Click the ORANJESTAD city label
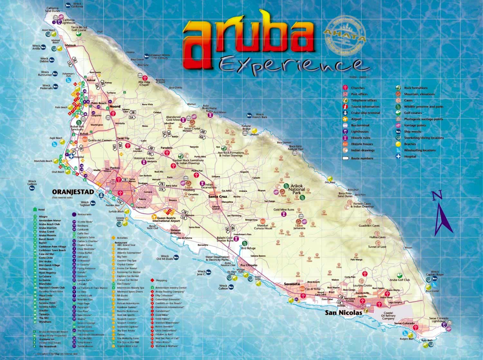[x=73, y=192]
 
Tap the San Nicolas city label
[x=343, y=312]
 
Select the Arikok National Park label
[x=297, y=189]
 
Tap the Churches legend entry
[x=357, y=88]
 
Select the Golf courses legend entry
[x=415, y=113]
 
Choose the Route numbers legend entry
[x=362, y=158]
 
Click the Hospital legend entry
[x=410, y=156]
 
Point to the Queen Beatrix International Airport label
[x=166, y=220]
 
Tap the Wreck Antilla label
[x=36, y=47]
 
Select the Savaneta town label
[x=292, y=284]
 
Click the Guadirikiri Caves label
[x=369, y=226]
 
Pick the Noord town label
[x=115, y=107]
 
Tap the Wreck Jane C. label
[x=201, y=273]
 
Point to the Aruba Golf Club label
[x=400, y=280]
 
